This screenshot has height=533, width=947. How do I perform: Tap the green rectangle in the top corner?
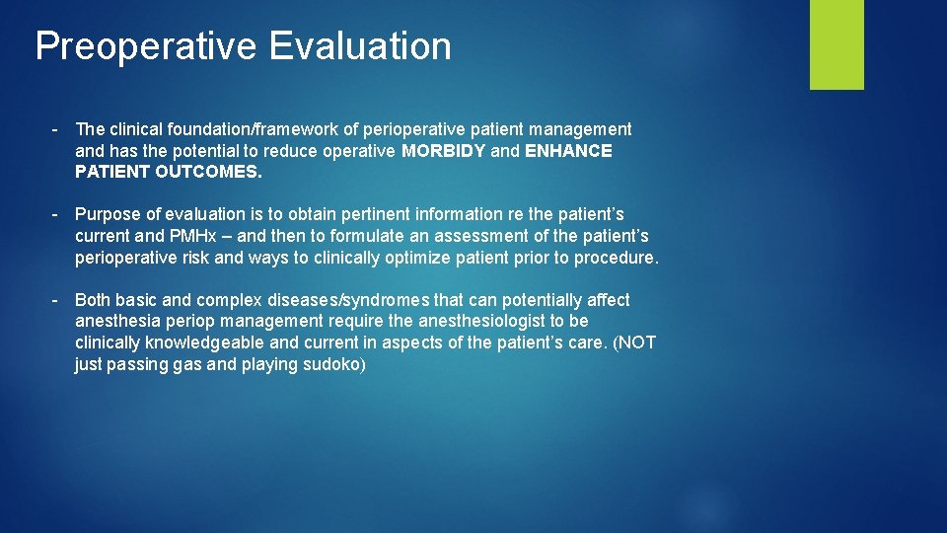837,44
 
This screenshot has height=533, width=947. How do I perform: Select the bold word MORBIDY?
444,151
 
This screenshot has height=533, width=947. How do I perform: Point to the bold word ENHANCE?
568,151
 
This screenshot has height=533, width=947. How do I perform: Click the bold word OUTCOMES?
209,172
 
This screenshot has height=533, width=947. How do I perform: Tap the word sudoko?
335,365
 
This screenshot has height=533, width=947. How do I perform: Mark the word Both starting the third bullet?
93,300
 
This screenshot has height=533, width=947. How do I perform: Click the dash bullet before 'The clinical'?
59,129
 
